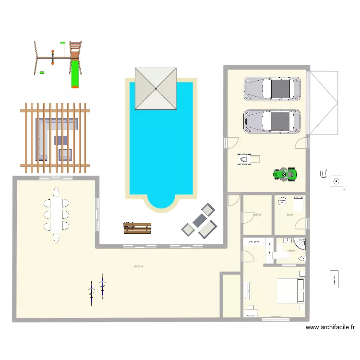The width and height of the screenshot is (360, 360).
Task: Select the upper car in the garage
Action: click(272, 89)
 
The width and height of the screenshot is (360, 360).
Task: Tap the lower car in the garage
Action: click(272, 121)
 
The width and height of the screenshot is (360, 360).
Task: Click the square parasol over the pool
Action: click(156, 88)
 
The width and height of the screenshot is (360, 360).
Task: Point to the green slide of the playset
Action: click(74, 72)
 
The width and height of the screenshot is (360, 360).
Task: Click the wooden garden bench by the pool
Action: click(137, 228)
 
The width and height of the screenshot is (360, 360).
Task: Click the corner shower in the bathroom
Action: click(300, 243)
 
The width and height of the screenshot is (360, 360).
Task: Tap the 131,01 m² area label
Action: click(138, 267)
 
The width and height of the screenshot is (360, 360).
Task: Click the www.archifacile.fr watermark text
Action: click(330, 328)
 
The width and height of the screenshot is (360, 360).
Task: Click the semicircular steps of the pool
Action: click(161, 202)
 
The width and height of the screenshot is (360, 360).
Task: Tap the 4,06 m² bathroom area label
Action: click(290, 251)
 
